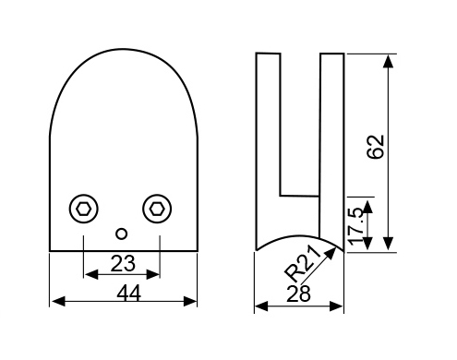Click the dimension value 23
tap(123, 263)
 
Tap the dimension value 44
tap(129, 293)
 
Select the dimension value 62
tap(376, 147)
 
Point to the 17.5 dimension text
tap(357, 226)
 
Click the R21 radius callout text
tap(303, 264)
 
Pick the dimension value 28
tap(298, 294)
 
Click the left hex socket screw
tap(83, 209)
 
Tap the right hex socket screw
tap(157, 209)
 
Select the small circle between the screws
tap(122, 234)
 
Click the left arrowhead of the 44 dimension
tap(58, 301)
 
